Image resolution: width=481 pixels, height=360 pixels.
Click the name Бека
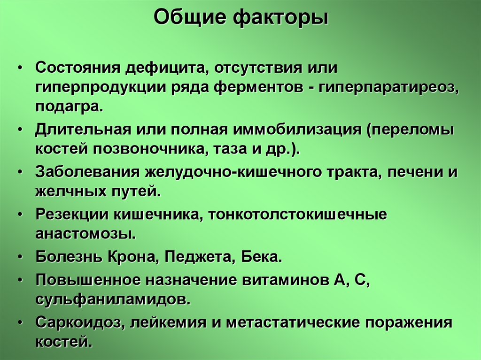[x=262, y=257]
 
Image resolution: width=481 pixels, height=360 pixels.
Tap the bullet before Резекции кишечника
[x=21, y=214]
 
